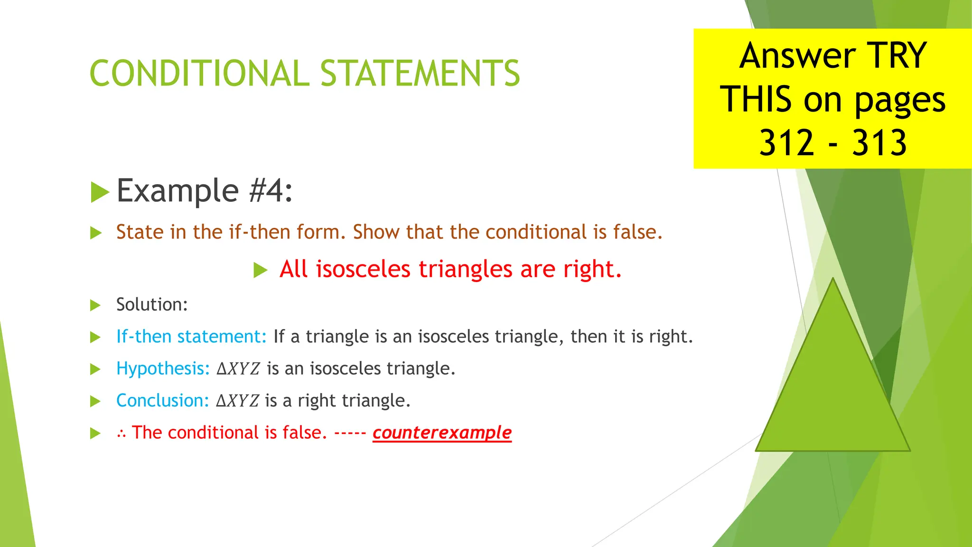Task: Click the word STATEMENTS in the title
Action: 420,74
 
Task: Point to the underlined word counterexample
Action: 442,433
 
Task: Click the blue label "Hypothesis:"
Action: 163,368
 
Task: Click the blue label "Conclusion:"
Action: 162,401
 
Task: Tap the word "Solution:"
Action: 152,305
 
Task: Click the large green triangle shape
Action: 833,389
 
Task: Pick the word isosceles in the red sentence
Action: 363,269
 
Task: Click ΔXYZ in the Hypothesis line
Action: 238,369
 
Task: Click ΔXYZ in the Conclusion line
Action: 237,401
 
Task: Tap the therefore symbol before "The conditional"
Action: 121,434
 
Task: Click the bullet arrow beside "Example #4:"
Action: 100,192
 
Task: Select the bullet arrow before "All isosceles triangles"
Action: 260,270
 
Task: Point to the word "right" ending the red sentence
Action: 591,269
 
